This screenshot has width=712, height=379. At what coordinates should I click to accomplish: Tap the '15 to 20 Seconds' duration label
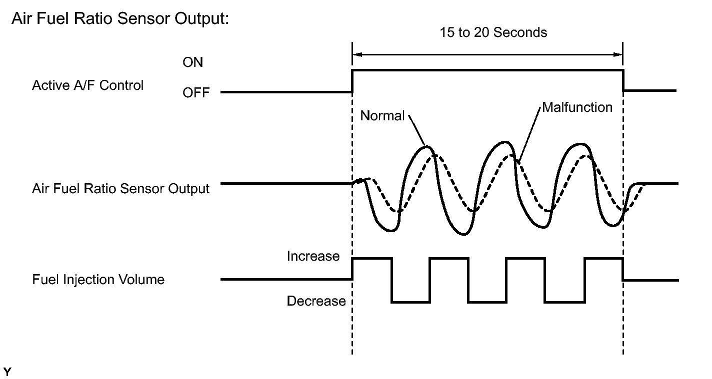click(493, 33)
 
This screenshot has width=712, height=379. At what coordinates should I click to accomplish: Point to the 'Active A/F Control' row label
click(87, 85)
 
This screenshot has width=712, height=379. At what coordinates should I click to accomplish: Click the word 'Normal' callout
click(382, 116)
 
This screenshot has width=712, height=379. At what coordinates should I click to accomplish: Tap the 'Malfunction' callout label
click(577, 107)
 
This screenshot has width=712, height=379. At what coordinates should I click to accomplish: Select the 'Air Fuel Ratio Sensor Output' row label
click(120, 189)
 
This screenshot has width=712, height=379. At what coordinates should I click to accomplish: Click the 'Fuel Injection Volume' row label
click(98, 279)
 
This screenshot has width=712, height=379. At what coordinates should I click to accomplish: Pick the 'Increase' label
click(313, 257)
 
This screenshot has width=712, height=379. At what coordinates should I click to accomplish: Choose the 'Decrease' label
click(316, 301)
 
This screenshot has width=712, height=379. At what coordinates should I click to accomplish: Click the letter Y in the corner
click(6, 372)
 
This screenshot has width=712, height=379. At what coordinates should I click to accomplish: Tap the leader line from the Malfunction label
click(529, 132)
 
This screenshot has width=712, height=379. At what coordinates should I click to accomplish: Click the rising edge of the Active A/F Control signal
click(352, 81)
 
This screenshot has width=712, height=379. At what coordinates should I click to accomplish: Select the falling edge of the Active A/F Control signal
click(623, 81)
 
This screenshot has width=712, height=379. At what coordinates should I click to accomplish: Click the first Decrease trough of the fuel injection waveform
click(410, 302)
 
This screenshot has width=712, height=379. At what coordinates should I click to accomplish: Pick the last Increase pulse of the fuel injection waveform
click(603, 259)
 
